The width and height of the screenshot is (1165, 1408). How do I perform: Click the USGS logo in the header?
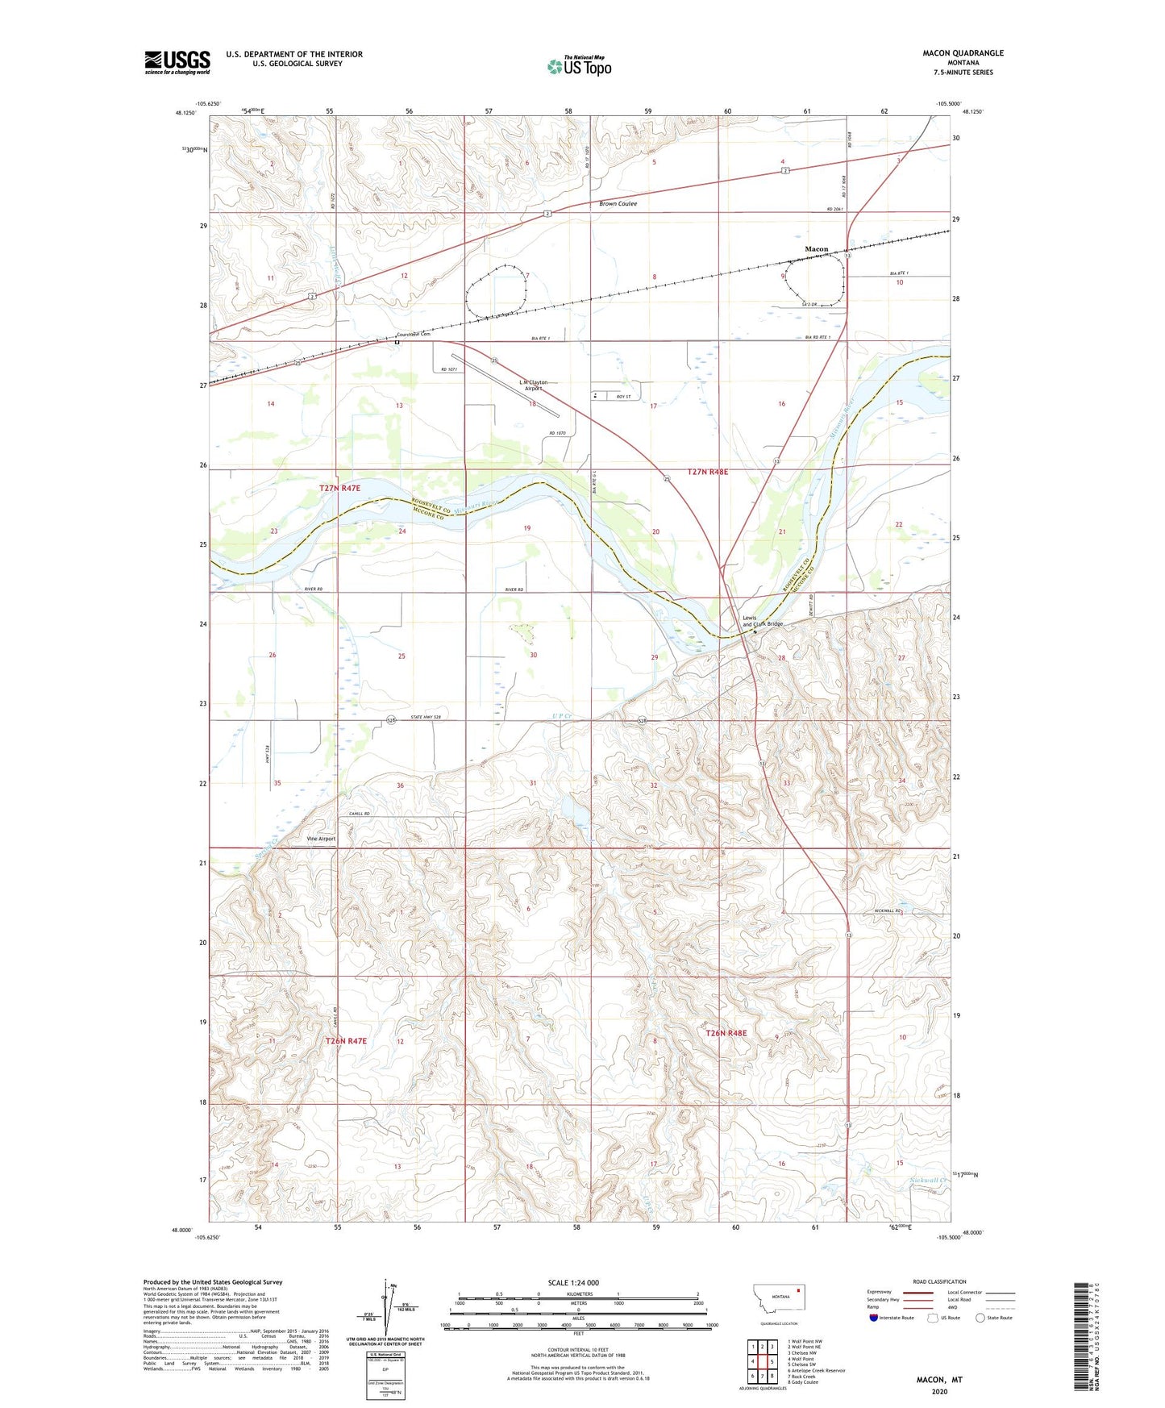pyautogui.click(x=177, y=62)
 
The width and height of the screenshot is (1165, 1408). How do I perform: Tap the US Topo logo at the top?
pyautogui.click(x=579, y=66)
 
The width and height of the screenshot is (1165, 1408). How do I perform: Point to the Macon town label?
pyautogui.click(x=816, y=249)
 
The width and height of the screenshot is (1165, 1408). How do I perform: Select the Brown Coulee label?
pyautogui.click(x=618, y=204)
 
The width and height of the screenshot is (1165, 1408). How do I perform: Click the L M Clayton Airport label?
pyautogui.click(x=533, y=385)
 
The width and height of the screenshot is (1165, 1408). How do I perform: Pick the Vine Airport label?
pyautogui.click(x=321, y=839)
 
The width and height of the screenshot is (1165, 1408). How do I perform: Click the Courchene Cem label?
pyautogui.click(x=414, y=334)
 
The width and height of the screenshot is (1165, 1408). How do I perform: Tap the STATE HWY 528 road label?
pyautogui.click(x=447, y=717)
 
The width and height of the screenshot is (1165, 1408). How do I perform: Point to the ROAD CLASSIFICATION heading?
pyautogui.click(x=938, y=1281)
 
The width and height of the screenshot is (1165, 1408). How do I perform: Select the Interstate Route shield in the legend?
pyautogui.click(x=874, y=1318)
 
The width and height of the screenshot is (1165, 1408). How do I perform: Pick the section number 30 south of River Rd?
pyautogui.click(x=533, y=656)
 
